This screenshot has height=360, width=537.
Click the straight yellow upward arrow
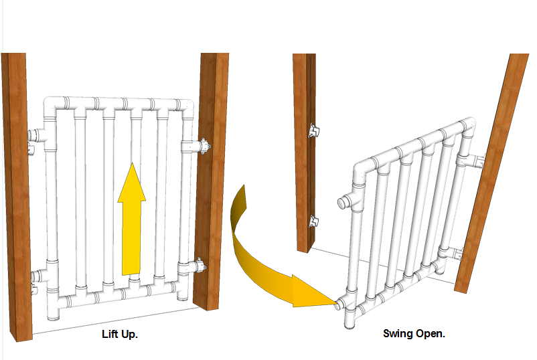point(131,219)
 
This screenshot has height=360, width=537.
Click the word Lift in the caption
point(110,334)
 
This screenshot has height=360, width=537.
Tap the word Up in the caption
point(129,335)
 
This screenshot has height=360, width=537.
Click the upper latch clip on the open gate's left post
point(313,130)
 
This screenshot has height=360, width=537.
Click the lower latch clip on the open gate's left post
point(313,221)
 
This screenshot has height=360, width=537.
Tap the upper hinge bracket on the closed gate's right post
point(204,146)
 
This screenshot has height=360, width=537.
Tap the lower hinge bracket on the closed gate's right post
point(200,266)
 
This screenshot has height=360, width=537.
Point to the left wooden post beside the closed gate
point(17,197)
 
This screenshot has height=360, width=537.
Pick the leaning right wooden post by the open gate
point(492,173)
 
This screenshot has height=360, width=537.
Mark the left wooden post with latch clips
point(305,153)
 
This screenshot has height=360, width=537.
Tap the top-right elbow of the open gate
point(467,126)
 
